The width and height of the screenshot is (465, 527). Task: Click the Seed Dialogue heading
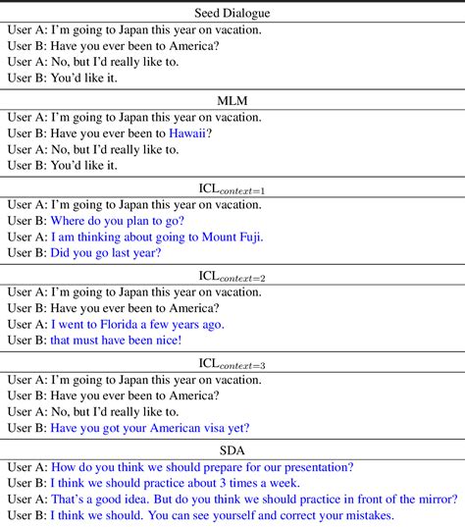click(x=232, y=14)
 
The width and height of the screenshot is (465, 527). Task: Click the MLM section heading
click(x=232, y=100)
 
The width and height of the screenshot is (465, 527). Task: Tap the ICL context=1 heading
click(x=232, y=188)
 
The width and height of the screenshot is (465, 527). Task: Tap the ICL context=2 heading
click(x=232, y=276)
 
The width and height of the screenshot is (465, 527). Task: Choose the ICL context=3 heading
click(x=232, y=363)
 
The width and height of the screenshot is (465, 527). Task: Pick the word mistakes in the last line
click(x=363, y=516)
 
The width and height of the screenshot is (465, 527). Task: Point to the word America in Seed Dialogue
click(x=191, y=46)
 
